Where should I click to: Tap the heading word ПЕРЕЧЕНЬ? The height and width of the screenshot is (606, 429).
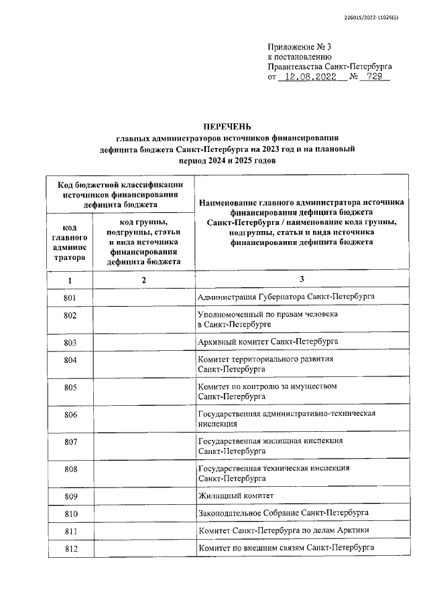coord(227,126)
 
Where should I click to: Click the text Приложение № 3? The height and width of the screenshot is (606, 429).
coord(300,46)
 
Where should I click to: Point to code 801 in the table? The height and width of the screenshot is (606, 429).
coord(70,296)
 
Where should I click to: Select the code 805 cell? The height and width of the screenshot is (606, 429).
coord(70,387)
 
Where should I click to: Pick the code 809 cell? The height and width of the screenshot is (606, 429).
coord(70,496)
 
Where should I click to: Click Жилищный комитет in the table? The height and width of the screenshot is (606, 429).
coord(235,496)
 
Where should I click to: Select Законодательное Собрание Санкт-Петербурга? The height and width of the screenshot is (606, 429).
coord(283,513)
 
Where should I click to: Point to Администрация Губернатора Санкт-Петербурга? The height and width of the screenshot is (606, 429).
coord(286,296)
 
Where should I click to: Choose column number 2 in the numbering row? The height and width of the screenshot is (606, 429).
coord(143,280)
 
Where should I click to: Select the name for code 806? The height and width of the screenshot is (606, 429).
coord(286,419)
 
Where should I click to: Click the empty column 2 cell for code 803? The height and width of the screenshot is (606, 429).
coord(143,342)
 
